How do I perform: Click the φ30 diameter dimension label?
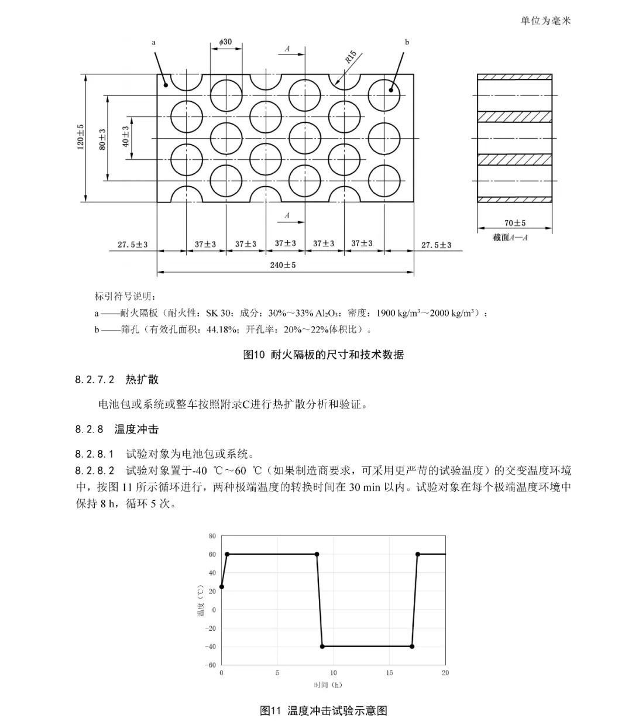point(226,42)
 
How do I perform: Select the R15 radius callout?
point(350,57)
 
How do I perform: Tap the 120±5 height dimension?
point(81,136)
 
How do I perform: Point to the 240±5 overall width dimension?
point(283,265)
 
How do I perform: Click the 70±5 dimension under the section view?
point(514,223)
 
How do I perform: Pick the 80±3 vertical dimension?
point(102,138)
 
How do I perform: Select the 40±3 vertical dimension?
point(125,136)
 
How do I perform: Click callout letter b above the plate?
point(407,42)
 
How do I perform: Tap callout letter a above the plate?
point(153,42)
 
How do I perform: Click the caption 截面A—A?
point(510,238)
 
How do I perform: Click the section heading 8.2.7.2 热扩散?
point(116,379)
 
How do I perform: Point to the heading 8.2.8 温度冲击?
point(116,429)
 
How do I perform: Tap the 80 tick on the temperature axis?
point(212,536)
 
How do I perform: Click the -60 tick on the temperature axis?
point(211,665)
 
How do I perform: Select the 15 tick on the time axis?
point(389,673)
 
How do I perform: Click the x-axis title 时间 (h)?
point(328,685)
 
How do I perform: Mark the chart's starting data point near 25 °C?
point(221,586)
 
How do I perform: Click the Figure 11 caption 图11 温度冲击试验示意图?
point(323,711)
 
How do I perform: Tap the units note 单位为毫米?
point(545,20)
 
